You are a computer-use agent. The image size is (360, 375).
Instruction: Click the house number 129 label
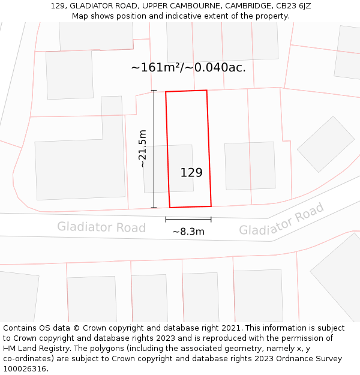[x=191, y=173]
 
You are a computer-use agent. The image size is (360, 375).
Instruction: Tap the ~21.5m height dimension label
[x=142, y=149]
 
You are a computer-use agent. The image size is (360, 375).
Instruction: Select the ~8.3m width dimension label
[x=188, y=232]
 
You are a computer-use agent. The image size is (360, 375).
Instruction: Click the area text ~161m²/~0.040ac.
[x=188, y=67]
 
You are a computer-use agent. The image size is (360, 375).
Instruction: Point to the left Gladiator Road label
[x=101, y=227]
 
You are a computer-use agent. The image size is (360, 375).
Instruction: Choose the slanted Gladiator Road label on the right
[x=281, y=220]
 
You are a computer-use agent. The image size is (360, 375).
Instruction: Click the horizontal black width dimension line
[x=188, y=220]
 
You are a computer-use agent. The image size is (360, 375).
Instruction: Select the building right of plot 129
[x=250, y=166]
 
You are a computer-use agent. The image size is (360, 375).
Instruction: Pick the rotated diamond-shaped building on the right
[x=326, y=144]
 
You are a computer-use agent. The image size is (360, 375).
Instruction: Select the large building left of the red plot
[x=80, y=170]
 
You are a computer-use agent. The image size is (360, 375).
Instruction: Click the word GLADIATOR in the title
[x=88, y=6]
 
